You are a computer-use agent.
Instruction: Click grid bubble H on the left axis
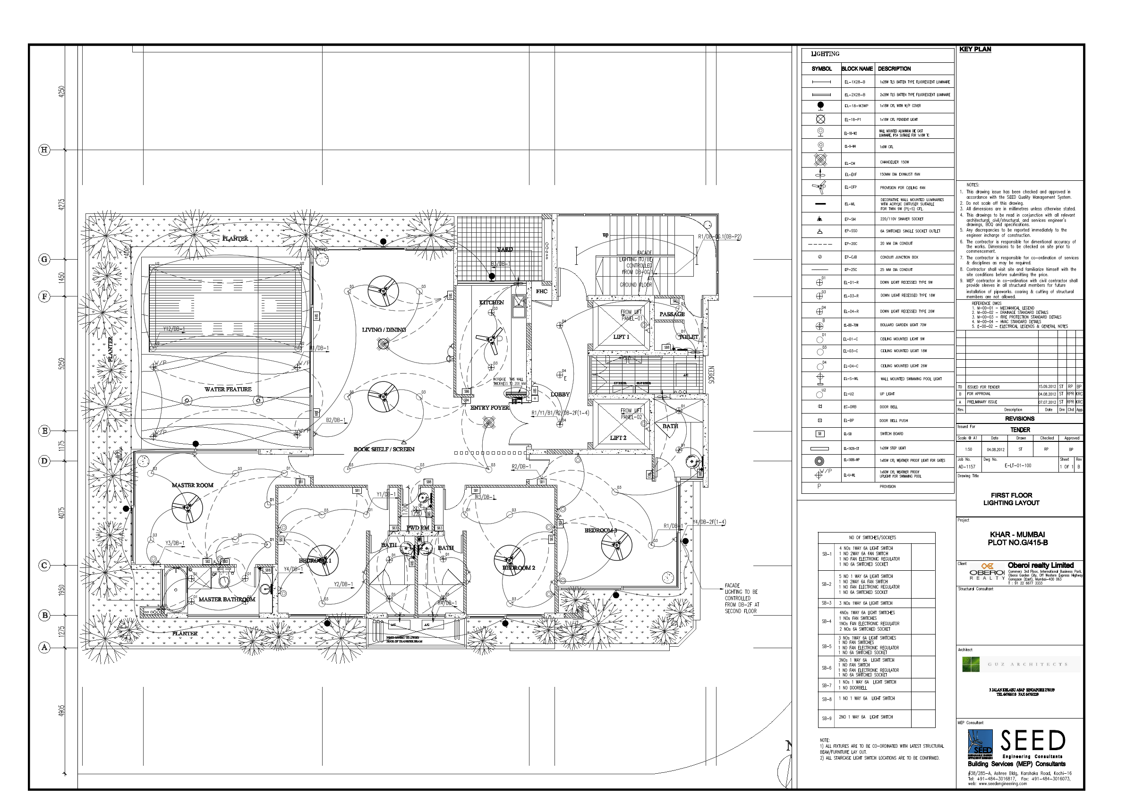(x=44, y=150)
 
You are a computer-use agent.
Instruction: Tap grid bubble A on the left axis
(x=44, y=647)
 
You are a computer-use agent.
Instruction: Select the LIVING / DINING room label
(x=384, y=330)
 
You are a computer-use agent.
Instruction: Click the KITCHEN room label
(x=491, y=303)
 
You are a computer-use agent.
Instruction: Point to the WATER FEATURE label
(x=228, y=389)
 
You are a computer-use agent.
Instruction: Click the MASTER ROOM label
(x=192, y=485)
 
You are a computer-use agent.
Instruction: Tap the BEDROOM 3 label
(x=600, y=530)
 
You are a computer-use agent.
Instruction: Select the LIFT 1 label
(x=621, y=337)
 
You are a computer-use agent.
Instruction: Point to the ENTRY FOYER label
(x=489, y=408)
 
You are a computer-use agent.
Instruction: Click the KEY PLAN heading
(x=975, y=50)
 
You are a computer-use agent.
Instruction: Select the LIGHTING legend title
(x=825, y=54)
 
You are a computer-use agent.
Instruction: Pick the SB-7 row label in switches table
(x=827, y=685)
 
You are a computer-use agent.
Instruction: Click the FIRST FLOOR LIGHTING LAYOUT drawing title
(x=1011, y=499)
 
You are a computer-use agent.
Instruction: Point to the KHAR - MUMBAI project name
(x=1017, y=534)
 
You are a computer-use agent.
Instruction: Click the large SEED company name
(x=1032, y=741)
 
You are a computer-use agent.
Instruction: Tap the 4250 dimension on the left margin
(x=61, y=92)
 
